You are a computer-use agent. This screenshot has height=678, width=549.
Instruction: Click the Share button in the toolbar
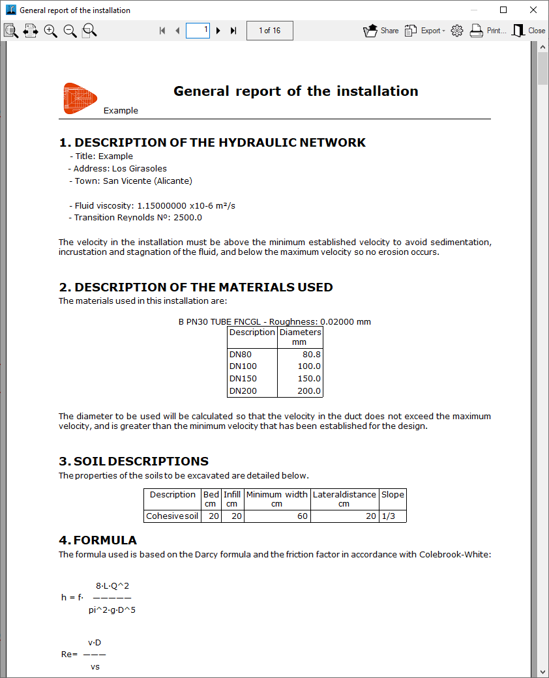(380, 31)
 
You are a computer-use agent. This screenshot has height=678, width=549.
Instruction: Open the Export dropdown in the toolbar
(424, 31)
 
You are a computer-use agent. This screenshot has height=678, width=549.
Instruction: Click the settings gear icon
(457, 31)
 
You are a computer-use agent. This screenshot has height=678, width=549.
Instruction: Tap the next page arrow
(218, 31)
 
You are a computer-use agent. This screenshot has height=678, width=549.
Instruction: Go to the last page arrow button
(233, 31)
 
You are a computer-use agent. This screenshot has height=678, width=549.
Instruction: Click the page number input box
(198, 30)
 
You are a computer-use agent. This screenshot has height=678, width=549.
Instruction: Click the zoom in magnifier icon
(50, 31)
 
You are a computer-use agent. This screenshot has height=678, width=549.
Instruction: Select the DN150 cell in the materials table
(243, 379)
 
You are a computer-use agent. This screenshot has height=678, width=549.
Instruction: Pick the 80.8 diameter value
(312, 354)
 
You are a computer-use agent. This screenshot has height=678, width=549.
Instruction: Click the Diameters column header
(300, 336)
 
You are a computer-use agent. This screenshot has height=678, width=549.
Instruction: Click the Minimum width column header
(276, 499)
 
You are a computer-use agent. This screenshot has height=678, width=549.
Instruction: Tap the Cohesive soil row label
(172, 516)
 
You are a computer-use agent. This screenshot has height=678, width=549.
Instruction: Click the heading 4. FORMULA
(98, 540)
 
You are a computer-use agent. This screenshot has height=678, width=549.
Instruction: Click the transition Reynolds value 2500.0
(187, 218)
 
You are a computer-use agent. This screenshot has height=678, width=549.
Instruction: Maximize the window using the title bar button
(503, 10)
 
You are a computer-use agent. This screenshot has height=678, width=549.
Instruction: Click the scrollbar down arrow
(542, 671)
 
